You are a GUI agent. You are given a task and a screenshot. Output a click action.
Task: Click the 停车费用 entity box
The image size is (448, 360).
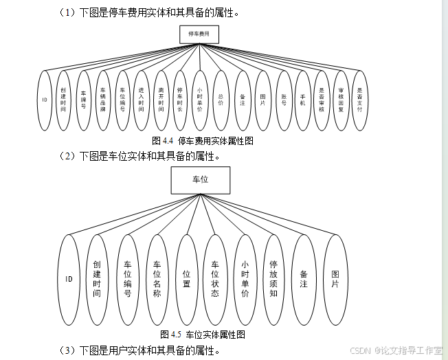199,34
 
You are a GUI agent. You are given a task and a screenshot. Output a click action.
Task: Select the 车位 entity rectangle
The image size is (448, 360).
200,180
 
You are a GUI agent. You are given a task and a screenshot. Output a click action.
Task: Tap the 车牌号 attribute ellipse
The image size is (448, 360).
83,100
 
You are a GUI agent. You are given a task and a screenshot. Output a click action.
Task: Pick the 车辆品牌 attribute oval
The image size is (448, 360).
102,100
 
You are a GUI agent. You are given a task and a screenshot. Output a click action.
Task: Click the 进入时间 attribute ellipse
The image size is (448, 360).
142,100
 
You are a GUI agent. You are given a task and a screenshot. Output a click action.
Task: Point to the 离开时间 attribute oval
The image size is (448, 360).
161,100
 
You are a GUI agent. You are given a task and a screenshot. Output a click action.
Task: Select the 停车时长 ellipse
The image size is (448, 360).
180,100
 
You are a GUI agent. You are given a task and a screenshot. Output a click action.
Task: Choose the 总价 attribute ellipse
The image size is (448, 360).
220,100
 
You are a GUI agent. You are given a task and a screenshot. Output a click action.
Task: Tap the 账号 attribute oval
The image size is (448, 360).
283,100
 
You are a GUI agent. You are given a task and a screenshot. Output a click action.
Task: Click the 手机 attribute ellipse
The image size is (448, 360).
302,100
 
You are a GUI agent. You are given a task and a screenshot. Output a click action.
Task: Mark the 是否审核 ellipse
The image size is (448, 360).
321,100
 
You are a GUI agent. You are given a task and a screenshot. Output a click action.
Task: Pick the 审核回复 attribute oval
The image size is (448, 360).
340,100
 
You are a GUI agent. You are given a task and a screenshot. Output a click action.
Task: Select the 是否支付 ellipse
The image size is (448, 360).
359,100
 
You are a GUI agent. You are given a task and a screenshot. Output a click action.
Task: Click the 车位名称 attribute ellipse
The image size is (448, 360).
157,279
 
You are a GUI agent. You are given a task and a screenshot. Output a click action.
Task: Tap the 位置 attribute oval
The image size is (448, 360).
186,279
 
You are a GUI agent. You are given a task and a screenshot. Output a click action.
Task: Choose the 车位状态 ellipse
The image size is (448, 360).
215,279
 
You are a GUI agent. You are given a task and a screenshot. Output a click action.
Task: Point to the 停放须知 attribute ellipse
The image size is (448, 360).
273,279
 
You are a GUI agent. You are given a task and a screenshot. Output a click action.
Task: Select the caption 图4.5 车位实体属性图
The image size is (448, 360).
203,335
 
